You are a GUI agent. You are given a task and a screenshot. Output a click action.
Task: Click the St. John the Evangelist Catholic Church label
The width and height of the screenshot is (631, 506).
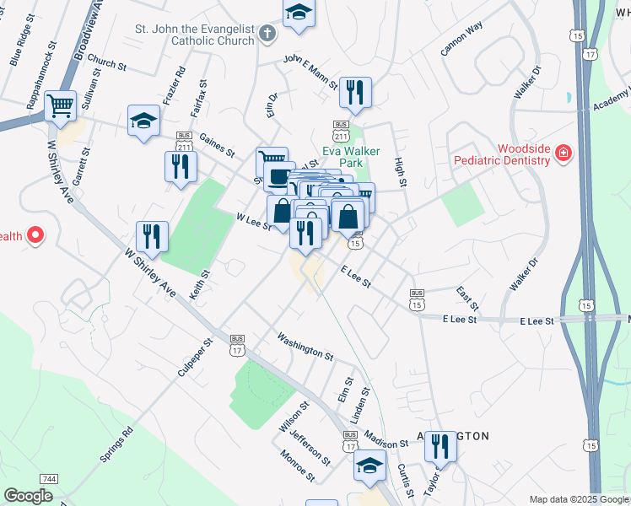click(195, 35)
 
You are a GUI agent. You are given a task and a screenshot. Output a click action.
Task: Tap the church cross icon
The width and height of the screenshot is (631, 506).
click(267, 35)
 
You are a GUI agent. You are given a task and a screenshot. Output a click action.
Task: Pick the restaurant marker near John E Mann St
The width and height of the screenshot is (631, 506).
click(355, 92)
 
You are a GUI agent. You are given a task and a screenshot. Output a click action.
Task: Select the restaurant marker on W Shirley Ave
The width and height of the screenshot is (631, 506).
click(152, 236)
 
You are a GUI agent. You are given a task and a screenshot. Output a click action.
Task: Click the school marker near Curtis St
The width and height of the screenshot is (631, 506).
click(369, 465)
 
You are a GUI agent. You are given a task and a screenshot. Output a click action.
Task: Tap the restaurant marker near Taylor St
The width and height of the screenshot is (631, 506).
click(440, 446)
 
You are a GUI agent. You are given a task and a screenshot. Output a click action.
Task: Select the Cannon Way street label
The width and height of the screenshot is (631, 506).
click(461, 39)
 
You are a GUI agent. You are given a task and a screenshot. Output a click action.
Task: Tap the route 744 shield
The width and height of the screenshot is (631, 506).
click(50, 479)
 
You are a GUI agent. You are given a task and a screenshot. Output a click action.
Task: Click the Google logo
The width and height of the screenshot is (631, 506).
click(28, 496)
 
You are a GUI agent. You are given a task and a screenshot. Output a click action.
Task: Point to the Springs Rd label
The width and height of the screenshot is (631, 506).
click(116, 446)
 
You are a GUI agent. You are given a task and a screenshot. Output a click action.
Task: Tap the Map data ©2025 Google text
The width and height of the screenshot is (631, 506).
click(579, 499)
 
